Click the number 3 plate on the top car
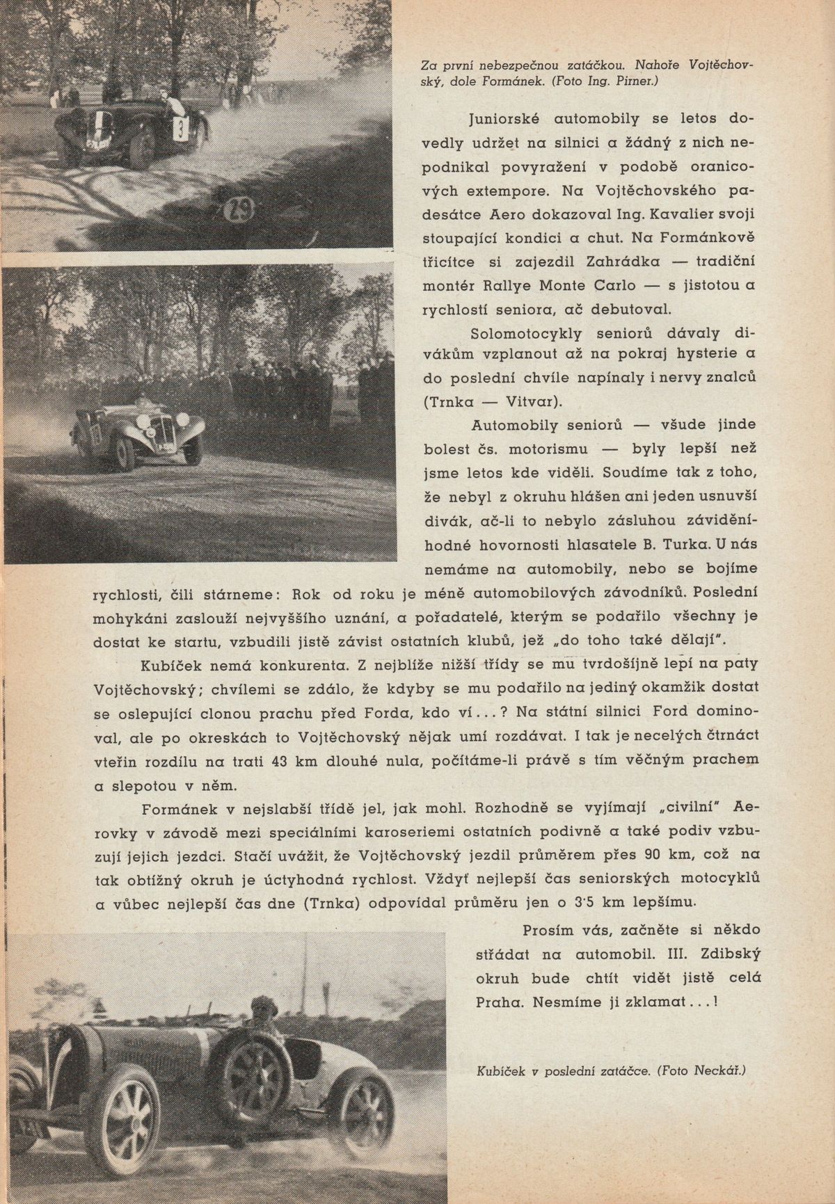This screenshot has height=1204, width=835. point(180,129)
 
